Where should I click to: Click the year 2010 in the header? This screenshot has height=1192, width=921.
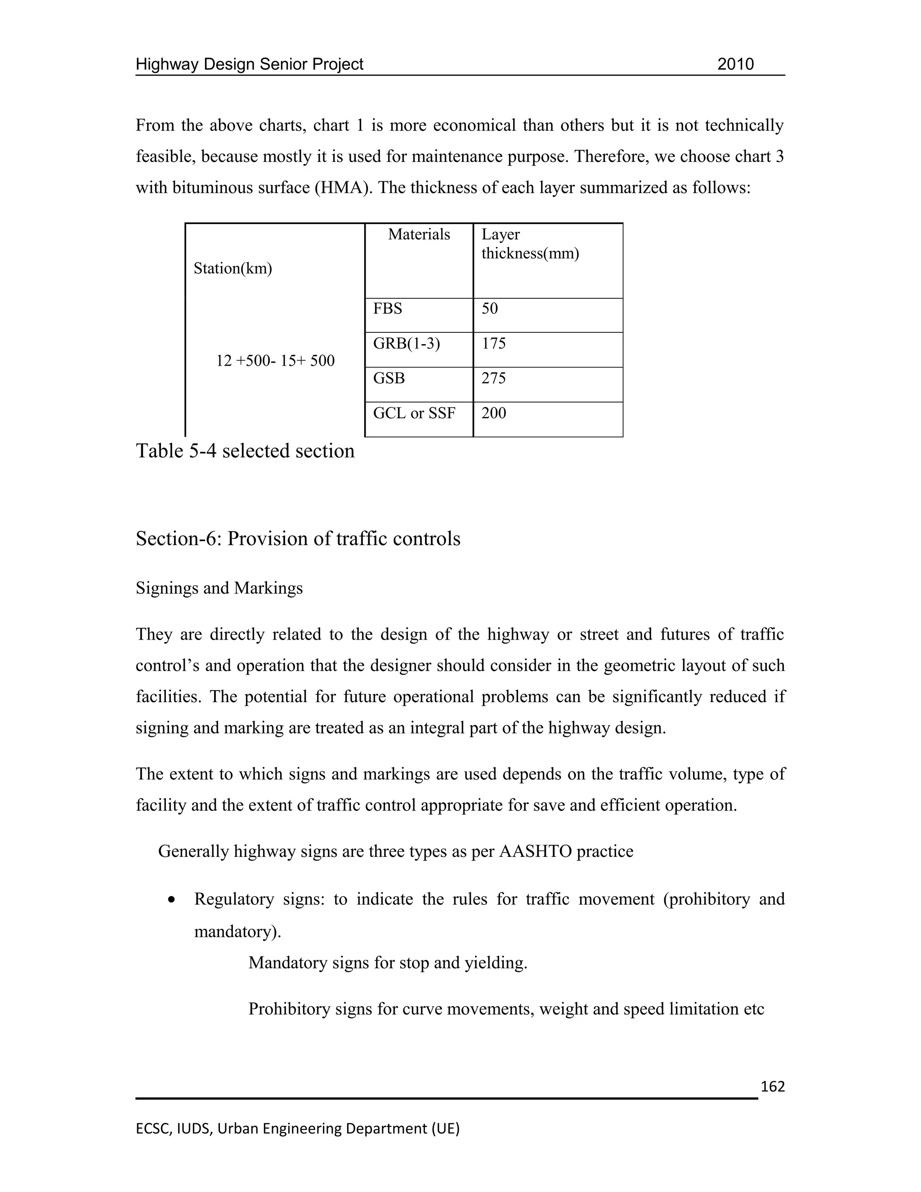pyautogui.click(x=735, y=64)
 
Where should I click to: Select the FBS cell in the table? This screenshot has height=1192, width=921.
pyautogui.click(x=387, y=309)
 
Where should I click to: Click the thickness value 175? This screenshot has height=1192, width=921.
pyautogui.click(x=493, y=344)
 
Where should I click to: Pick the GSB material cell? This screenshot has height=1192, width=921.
pyautogui.click(x=389, y=378)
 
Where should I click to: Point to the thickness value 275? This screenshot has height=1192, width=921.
pyautogui.click(x=493, y=378)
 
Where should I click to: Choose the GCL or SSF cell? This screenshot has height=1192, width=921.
pyautogui.click(x=414, y=413)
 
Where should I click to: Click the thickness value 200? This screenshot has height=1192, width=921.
pyautogui.click(x=493, y=413)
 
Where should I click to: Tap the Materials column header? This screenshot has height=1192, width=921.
pyautogui.click(x=419, y=235)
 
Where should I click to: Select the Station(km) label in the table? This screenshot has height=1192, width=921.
pyautogui.click(x=232, y=269)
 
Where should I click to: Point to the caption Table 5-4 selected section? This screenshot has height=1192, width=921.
pyautogui.click(x=245, y=451)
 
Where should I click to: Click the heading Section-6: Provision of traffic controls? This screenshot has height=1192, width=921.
pyautogui.click(x=298, y=539)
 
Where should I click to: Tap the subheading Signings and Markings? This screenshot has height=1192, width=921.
pyautogui.click(x=219, y=588)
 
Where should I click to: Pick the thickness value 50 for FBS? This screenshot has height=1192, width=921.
pyautogui.click(x=489, y=309)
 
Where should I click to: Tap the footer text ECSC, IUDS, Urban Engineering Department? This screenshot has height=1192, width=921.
pyautogui.click(x=297, y=1128)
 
